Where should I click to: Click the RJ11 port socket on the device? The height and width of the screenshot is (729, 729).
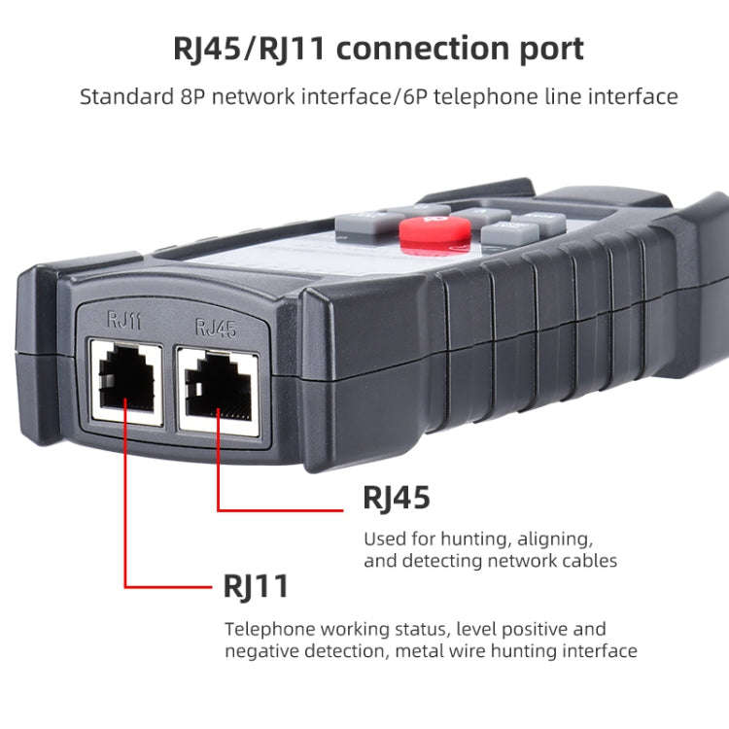(124, 379)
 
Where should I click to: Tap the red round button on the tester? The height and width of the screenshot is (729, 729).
(435, 232)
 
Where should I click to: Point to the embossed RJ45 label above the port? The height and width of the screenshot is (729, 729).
(216, 328)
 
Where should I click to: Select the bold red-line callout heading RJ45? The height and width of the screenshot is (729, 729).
(397, 498)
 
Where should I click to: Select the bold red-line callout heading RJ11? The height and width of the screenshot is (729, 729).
(256, 586)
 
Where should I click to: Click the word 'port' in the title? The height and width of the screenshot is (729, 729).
(550, 48)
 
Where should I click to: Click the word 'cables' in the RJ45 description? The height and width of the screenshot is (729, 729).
(589, 561)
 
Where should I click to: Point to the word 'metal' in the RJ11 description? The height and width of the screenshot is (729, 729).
(419, 650)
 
